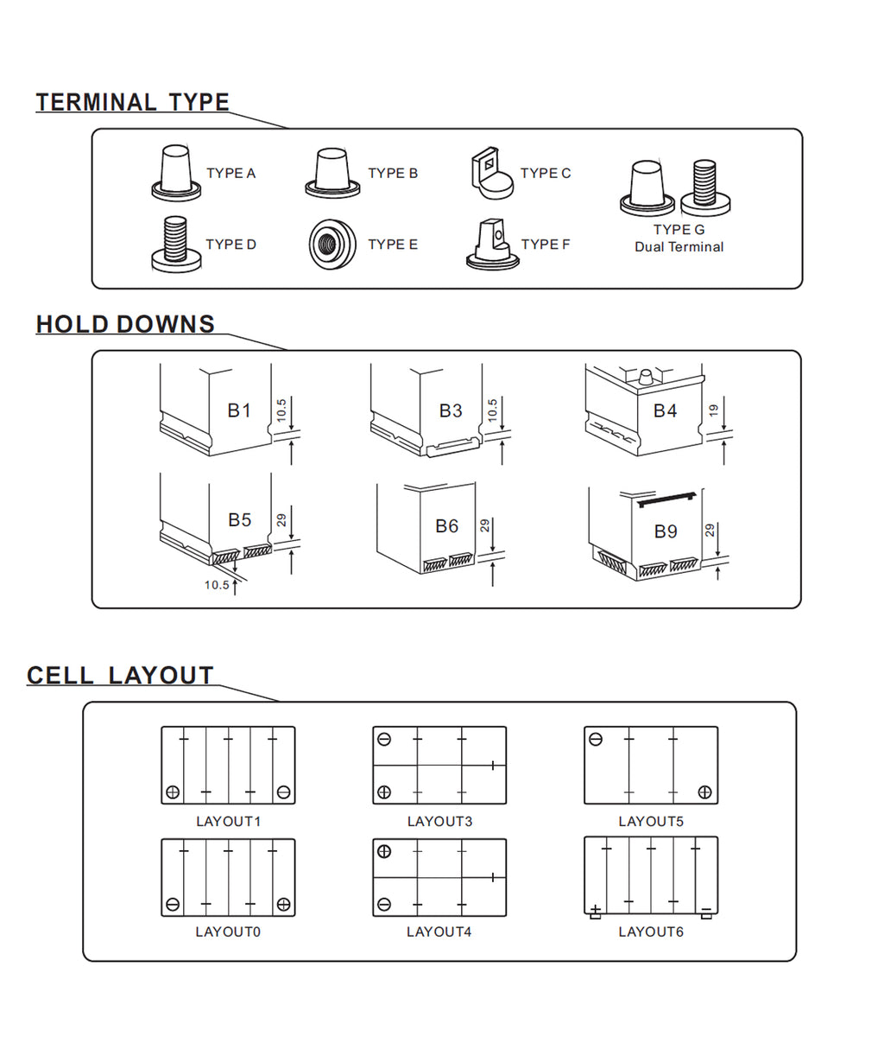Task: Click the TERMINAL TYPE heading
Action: tap(132, 102)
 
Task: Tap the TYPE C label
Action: tap(546, 173)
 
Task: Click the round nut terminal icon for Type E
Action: tap(332, 244)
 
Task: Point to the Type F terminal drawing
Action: tap(493, 245)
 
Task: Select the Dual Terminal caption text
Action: tap(679, 247)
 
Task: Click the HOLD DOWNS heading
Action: tap(125, 324)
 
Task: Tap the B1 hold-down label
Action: tap(239, 410)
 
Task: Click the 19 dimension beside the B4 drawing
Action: tap(713, 410)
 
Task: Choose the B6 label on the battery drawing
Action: tap(446, 525)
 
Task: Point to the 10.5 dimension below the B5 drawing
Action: tap(217, 585)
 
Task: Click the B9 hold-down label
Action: tap(665, 531)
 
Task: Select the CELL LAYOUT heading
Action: tap(120, 675)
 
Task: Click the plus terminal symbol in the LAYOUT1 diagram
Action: tap(173, 792)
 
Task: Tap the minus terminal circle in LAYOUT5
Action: tap(595, 739)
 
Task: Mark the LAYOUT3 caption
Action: tap(439, 821)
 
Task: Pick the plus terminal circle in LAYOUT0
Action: tap(283, 904)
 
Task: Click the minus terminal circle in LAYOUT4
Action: tap(384, 905)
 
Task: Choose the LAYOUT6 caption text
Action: tap(651, 932)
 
